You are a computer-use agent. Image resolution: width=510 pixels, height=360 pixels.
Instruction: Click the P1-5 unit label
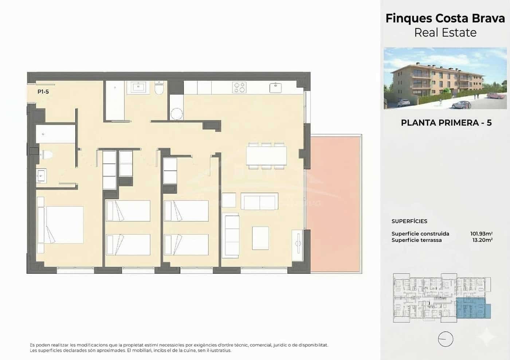coord(43,92)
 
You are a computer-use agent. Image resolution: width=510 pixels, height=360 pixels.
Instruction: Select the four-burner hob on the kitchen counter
coord(239,87)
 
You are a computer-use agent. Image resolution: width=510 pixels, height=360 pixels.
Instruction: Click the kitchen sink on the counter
coord(275,88)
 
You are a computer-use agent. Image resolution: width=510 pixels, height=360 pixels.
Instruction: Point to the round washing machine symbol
coord(177,114)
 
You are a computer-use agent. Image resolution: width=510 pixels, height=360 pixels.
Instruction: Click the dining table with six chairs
coord(266,156)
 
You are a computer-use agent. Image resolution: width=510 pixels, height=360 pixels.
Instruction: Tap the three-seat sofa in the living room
coord(231,235)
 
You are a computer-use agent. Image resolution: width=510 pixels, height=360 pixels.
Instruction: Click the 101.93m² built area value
coord(481,234)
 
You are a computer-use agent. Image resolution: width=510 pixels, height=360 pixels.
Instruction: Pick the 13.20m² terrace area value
coord(482,240)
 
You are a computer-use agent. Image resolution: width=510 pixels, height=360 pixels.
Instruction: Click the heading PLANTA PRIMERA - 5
coord(446,123)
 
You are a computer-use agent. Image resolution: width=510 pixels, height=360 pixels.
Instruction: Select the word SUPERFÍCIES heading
coord(409,221)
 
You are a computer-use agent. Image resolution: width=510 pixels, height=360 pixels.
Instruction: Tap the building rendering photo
coord(445,78)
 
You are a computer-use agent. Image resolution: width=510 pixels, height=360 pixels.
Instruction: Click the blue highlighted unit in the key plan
coord(472,308)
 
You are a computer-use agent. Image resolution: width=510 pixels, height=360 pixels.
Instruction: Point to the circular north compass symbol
coord(445,339)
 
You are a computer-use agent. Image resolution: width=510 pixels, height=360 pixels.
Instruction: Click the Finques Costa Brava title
coord(445,18)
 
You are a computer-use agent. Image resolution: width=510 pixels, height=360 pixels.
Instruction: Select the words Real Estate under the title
coord(445,32)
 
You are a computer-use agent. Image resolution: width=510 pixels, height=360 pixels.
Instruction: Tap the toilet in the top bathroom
coord(160,89)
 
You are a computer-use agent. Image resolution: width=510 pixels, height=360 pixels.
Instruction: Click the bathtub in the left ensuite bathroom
coord(55,134)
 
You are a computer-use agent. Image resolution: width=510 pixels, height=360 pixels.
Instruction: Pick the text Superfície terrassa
coord(416,240)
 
